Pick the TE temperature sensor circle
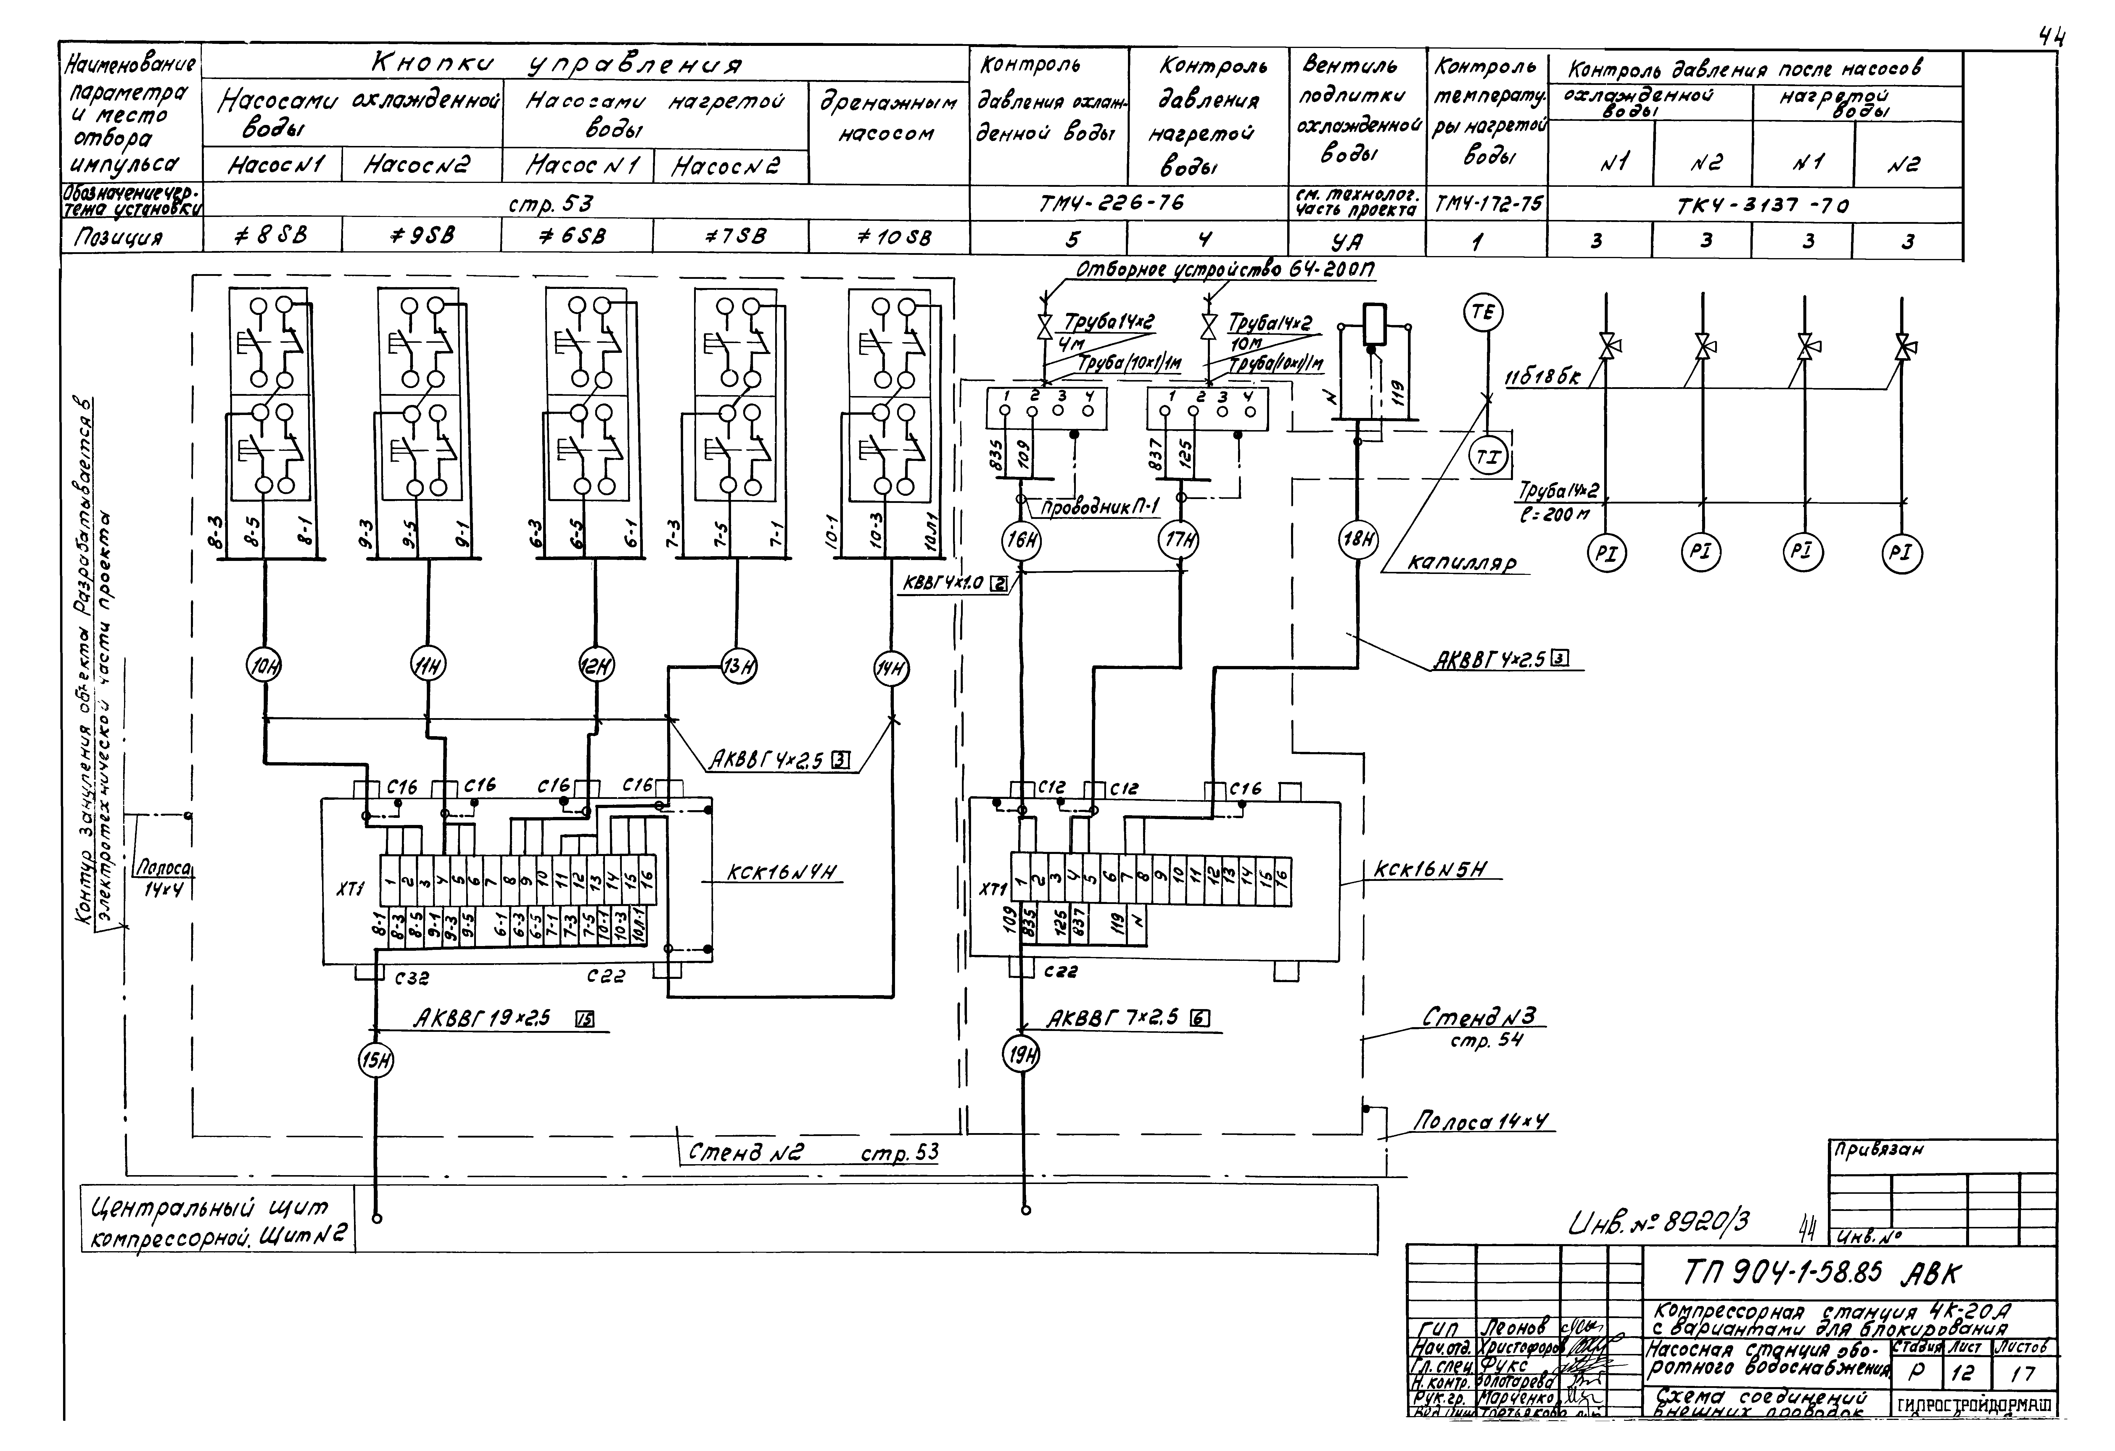[x=1483, y=313]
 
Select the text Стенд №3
[x=1484, y=1017]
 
